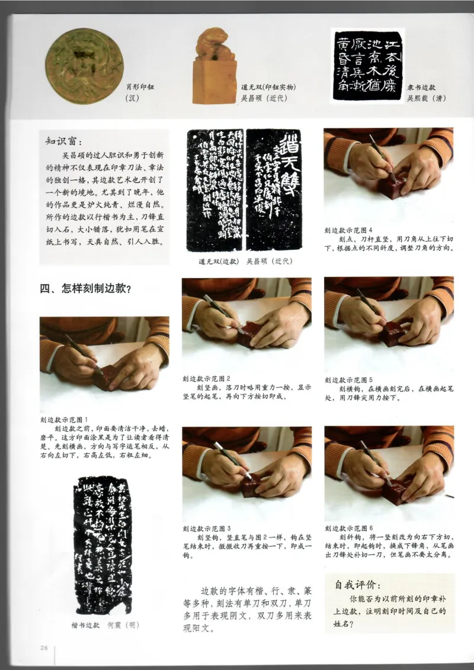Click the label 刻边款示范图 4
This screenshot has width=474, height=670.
coord(349,230)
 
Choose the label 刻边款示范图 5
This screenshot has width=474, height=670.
coord(349,379)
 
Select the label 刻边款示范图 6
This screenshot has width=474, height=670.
coord(349,528)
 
